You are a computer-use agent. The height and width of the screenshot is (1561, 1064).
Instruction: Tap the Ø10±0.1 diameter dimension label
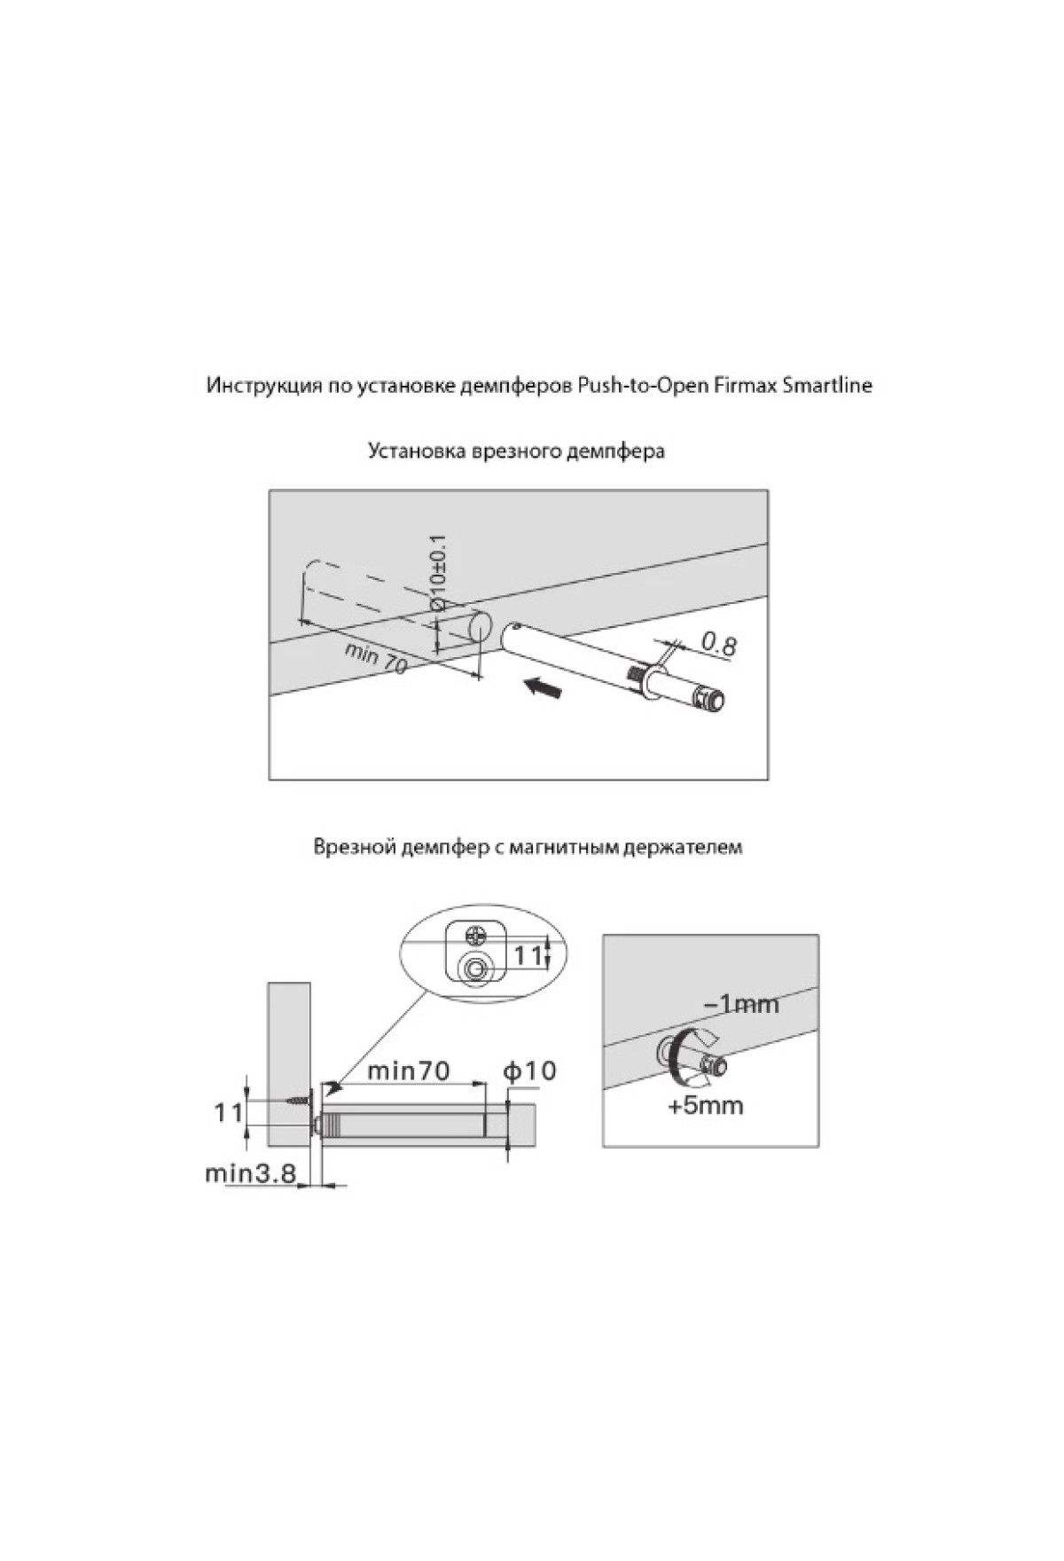437,572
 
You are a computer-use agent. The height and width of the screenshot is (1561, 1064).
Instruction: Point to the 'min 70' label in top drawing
377,658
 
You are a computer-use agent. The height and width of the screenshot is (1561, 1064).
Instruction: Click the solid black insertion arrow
542,686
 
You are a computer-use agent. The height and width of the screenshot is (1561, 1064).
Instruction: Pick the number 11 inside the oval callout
528,955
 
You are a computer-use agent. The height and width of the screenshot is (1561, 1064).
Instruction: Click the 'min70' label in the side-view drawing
409,1071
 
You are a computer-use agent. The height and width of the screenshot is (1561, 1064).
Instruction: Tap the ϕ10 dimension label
529,1071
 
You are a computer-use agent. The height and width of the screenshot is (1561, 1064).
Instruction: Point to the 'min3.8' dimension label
250,1173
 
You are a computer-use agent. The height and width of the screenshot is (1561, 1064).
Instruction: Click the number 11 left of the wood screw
228,1111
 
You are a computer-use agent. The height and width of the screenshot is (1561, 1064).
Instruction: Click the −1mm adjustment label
740,1004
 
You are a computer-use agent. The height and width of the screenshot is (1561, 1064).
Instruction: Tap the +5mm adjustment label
706,1106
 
